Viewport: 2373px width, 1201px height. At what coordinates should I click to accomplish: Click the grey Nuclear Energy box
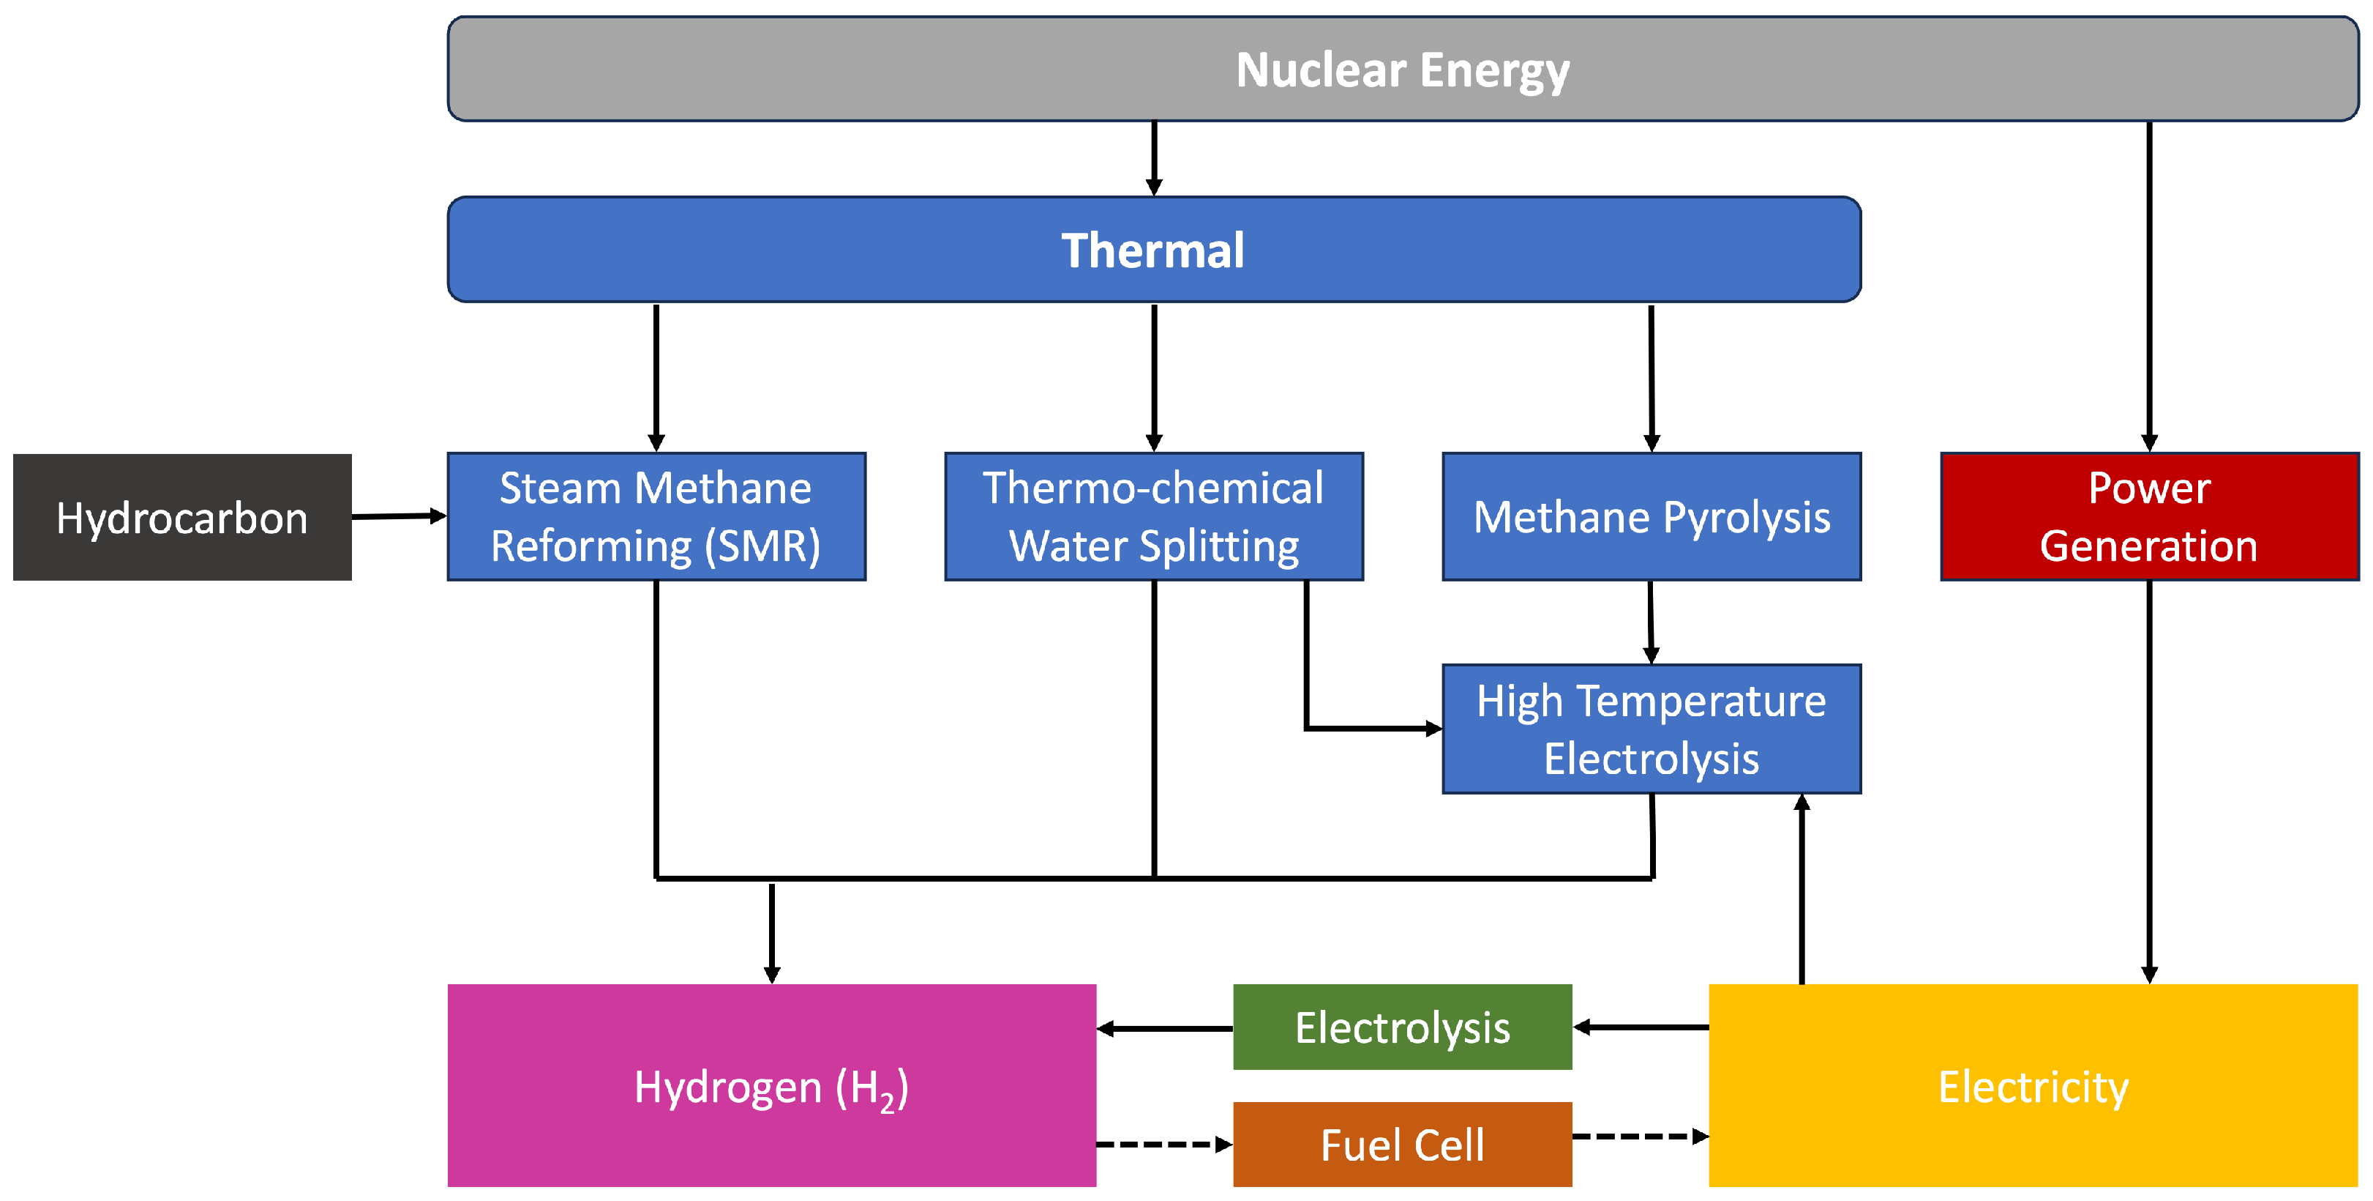tap(1402, 69)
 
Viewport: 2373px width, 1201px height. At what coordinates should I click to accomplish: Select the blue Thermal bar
tap(1153, 250)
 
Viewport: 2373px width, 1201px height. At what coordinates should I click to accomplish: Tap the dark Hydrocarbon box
tap(182, 517)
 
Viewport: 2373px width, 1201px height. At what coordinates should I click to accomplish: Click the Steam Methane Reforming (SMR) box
tap(656, 516)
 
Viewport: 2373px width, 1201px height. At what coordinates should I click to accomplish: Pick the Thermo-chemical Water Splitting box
tap(1153, 516)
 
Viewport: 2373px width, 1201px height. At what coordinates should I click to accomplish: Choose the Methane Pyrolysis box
tap(1651, 516)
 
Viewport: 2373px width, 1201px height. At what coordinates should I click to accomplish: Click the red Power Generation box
tap(2148, 516)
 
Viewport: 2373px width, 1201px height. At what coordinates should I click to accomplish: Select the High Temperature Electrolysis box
tap(1651, 729)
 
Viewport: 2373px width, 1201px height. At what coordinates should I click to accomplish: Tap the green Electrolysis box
tap(1402, 1027)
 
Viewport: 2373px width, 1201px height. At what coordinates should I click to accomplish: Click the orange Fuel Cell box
tap(1402, 1144)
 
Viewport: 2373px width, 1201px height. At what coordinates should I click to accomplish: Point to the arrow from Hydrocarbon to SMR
tap(399, 516)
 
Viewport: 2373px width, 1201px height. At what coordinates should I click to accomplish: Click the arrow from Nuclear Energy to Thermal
tap(1153, 157)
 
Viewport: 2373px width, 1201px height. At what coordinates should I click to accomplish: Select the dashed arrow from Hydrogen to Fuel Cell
tap(1163, 1144)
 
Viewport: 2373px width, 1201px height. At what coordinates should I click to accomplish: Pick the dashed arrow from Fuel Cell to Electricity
tap(1640, 1137)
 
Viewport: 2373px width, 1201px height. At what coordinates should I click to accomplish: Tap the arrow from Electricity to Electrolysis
tap(1640, 1027)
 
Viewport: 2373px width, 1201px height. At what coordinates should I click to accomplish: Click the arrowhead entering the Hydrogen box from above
tap(772, 973)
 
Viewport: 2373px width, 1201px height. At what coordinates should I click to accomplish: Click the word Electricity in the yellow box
tap(2033, 1087)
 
